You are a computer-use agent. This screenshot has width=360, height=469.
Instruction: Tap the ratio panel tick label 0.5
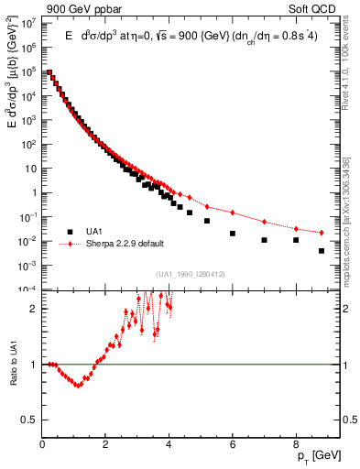[31, 420]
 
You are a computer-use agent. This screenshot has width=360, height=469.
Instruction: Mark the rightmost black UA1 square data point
[322, 250]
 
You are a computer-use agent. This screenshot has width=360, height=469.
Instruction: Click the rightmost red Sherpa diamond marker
[322, 233]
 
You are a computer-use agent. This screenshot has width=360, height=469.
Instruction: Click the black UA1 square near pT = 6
[233, 234]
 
